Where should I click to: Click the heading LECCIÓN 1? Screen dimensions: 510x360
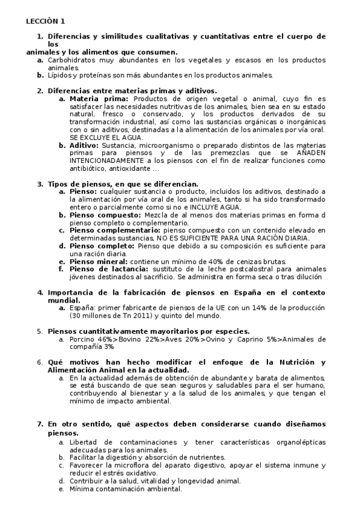[x=46, y=20]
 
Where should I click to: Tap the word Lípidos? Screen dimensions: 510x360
[x=59, y=75]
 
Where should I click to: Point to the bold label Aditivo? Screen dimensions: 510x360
[x=85, y=145]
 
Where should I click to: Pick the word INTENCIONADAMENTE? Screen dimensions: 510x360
[x=106, y=161]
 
